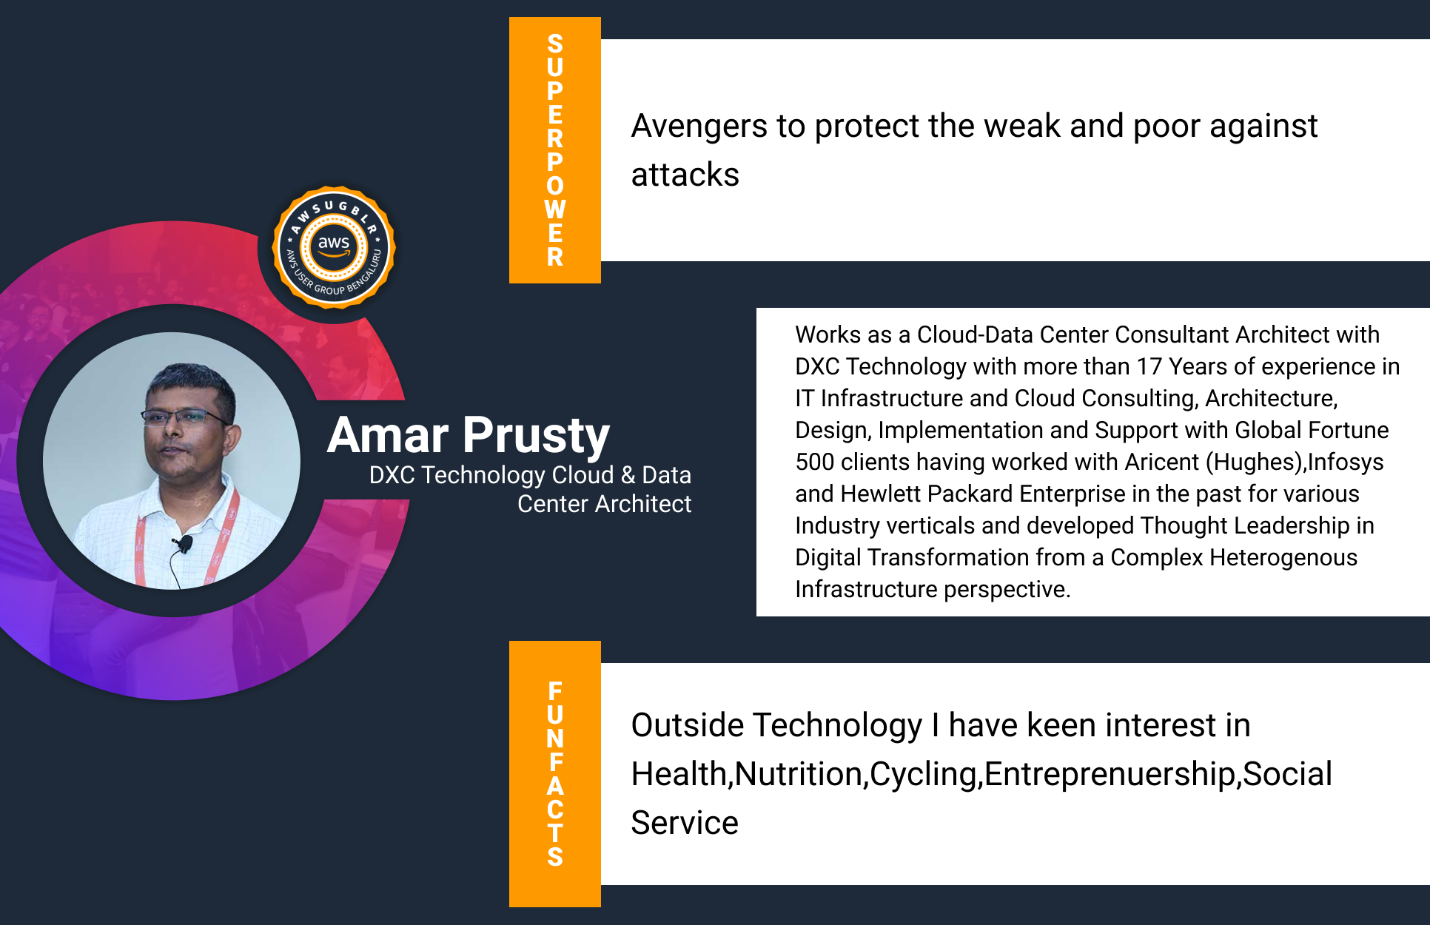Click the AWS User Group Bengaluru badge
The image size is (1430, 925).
334,247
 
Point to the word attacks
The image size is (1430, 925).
685,175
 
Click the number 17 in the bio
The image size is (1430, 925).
1149,366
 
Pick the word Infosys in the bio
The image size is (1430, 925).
1346,462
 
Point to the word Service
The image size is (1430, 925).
685,823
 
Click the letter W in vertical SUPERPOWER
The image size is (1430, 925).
555,209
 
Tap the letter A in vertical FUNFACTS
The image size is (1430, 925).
555,786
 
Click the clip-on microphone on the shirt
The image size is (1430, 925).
182,545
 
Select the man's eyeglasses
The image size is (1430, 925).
185,417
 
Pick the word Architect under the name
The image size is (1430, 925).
643,504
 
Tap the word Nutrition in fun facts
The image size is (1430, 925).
799,775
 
